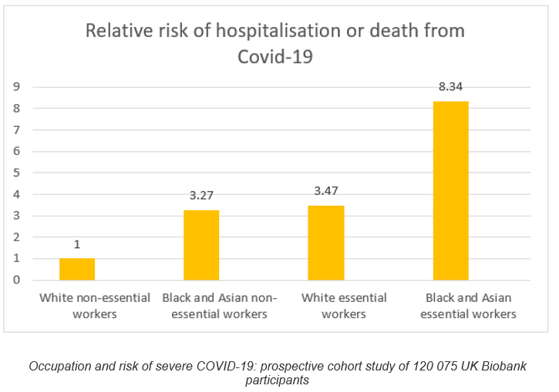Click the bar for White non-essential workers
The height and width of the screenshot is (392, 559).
click(x=77, y=269)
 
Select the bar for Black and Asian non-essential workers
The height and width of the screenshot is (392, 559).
click(x=201, y=245)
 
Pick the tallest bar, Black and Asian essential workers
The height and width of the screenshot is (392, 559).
click(x=450, y=190)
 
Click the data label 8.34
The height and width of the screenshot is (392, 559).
click(x=450, y=87)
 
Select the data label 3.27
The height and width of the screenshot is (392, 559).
click(x=201, y=195)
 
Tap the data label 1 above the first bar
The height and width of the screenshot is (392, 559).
click(x=77, y=244)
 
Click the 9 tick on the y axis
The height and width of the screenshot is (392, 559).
click(x=15, y=86)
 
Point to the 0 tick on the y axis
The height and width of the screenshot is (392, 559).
click(x=15, y=280)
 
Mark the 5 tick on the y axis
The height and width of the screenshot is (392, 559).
click(x=15, y=173)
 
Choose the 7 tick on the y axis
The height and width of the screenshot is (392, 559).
click(x=15, y=129)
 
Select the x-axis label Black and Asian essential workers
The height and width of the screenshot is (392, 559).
click(x=469, y=306)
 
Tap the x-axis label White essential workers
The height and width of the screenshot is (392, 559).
click(x=344, y=306)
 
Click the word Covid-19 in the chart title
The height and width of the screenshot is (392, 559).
click(x=275, y=55)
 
